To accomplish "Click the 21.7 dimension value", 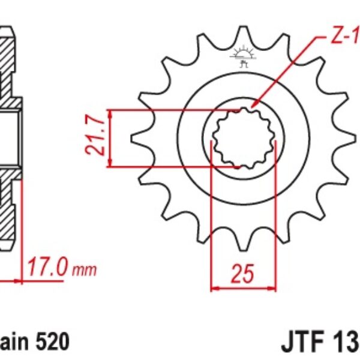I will [x=96, y=138].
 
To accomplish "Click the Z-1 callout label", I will [x=344, y=38].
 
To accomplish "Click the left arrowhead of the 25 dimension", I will [x=214, y=289].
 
